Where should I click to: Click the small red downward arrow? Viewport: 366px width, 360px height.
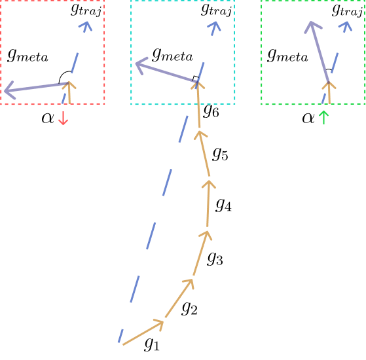[x=63, y=118]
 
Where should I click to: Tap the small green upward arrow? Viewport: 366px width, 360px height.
[x=323, y=117]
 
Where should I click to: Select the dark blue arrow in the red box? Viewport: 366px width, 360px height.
[x=36, y=87]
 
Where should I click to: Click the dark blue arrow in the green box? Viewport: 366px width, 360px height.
[x=319, y=52]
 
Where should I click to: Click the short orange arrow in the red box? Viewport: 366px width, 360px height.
[x=69, y=93]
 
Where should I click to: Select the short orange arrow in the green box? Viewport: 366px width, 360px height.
[x=329, y=93]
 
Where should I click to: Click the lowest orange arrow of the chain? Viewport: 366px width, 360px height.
[x=143, y=333]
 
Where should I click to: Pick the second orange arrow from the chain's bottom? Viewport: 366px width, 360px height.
[x=179, y=298]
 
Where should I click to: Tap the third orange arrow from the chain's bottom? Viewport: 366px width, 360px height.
[x=201, y=253]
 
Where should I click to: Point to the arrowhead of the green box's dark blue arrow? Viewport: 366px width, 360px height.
[x=312, y=26]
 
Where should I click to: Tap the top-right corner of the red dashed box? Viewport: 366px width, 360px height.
[x=104, y=1]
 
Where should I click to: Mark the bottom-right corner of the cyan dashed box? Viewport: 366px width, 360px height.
[x=234, y=103]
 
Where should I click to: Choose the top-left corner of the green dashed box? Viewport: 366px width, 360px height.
[x=262, y=1]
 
